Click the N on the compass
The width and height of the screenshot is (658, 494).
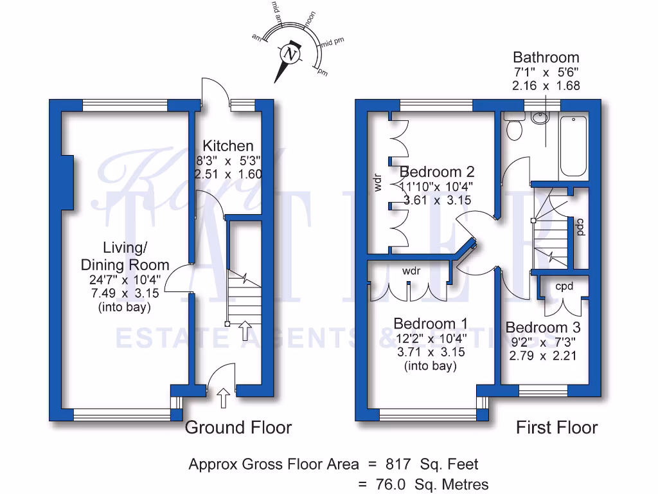292,54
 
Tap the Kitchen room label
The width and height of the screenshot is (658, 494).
228,146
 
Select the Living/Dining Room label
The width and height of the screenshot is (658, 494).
125,256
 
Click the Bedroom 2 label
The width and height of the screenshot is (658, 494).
437,172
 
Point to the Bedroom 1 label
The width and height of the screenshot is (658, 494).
431,324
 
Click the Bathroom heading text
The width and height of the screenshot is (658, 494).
546,57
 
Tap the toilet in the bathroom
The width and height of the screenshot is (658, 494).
515,129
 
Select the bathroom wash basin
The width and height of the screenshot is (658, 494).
540,118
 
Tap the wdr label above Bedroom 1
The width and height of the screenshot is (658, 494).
411,271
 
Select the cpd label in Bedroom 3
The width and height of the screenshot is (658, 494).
564,286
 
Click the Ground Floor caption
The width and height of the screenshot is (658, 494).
238,428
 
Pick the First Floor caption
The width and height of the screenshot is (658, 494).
556,428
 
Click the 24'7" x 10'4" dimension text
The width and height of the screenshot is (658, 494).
125,280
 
